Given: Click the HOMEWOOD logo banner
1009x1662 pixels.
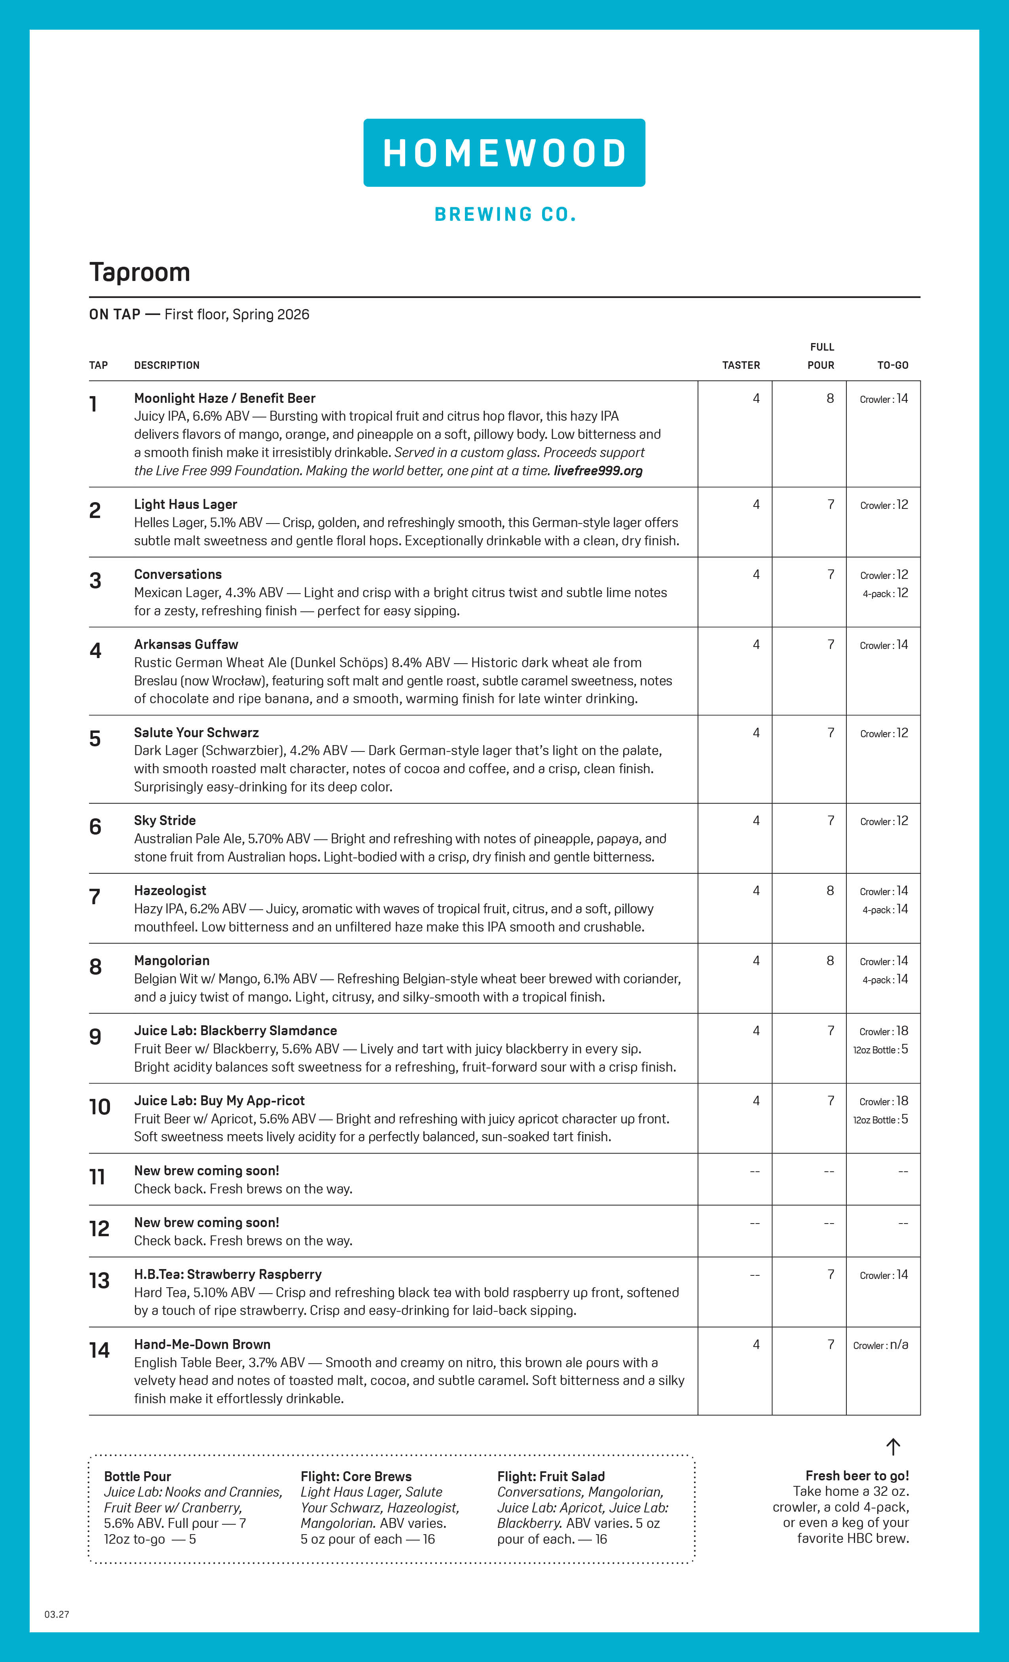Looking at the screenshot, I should (x=504, y=153).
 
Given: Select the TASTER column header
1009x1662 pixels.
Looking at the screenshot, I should (x=741, y=365).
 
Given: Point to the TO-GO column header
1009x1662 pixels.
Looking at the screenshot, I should (x=892, y=365).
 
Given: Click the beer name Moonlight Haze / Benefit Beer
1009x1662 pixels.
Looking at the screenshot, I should (x=225, y=398).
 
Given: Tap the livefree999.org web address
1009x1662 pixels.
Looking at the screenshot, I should (x=597, y=471).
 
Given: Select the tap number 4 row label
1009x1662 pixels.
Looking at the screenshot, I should (x=95, y=650).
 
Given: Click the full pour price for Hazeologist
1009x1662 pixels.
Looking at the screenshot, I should (x=830, y=890).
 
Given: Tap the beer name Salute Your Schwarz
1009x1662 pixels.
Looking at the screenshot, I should (x=196, y=732).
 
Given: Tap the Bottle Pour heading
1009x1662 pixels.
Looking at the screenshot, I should (x=138, y=1476).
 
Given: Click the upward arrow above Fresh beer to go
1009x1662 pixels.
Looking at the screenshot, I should (x=893, y=1446).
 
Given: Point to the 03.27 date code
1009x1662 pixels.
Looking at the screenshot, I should (x=57, y=1614).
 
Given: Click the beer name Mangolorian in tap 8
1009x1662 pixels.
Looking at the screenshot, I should (x=171, y=960).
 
